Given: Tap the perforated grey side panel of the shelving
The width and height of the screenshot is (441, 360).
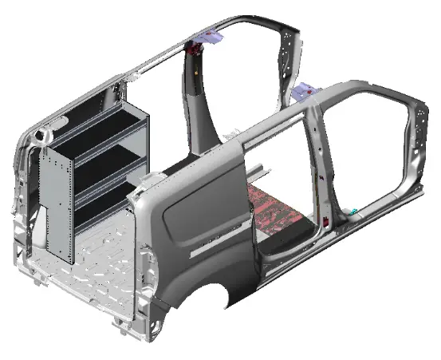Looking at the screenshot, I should click(x=57, y=204).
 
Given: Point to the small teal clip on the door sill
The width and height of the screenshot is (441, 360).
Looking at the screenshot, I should click(x=353, y=212).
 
